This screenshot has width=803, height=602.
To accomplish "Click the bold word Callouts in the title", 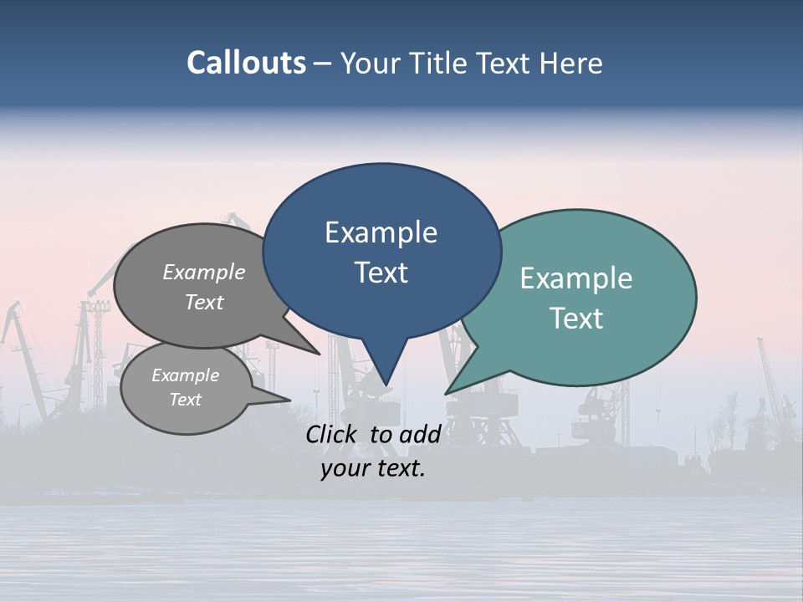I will [246, 63].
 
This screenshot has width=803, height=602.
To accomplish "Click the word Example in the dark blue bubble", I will [381, 232].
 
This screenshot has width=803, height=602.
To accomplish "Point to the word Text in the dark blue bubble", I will [381, 273].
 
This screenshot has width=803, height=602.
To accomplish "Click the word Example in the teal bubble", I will [576, 278].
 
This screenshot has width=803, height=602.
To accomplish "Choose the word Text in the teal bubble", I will [576, 319].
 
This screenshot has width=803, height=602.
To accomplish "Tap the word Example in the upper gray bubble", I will [204, 272].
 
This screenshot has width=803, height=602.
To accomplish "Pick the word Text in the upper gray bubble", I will [204, 302].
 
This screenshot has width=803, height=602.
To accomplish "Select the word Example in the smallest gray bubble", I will [186, 375].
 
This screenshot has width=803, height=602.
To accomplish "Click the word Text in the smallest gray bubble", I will [186, 400].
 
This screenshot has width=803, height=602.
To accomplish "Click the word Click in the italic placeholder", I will [333, 434].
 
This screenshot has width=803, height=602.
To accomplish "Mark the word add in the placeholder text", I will [419, 434].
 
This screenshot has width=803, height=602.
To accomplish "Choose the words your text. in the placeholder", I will [373, 468].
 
